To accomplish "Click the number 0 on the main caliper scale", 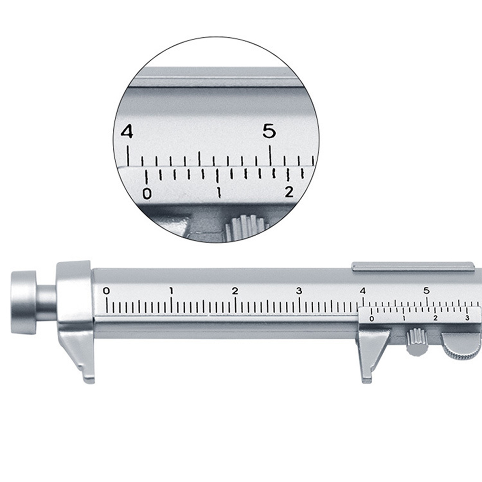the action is coord(106,291).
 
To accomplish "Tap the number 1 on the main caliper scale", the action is coord(171,291).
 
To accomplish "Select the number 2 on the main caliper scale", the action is coord(235,291).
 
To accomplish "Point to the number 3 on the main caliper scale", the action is coord(299,291).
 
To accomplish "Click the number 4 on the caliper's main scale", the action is coord(363,291).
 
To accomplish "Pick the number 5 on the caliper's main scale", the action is coord(427,291).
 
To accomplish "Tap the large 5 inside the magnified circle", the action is coord(269,131).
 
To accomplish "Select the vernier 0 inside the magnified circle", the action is coord(147,194).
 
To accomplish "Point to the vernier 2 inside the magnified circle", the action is coord(289,192).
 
